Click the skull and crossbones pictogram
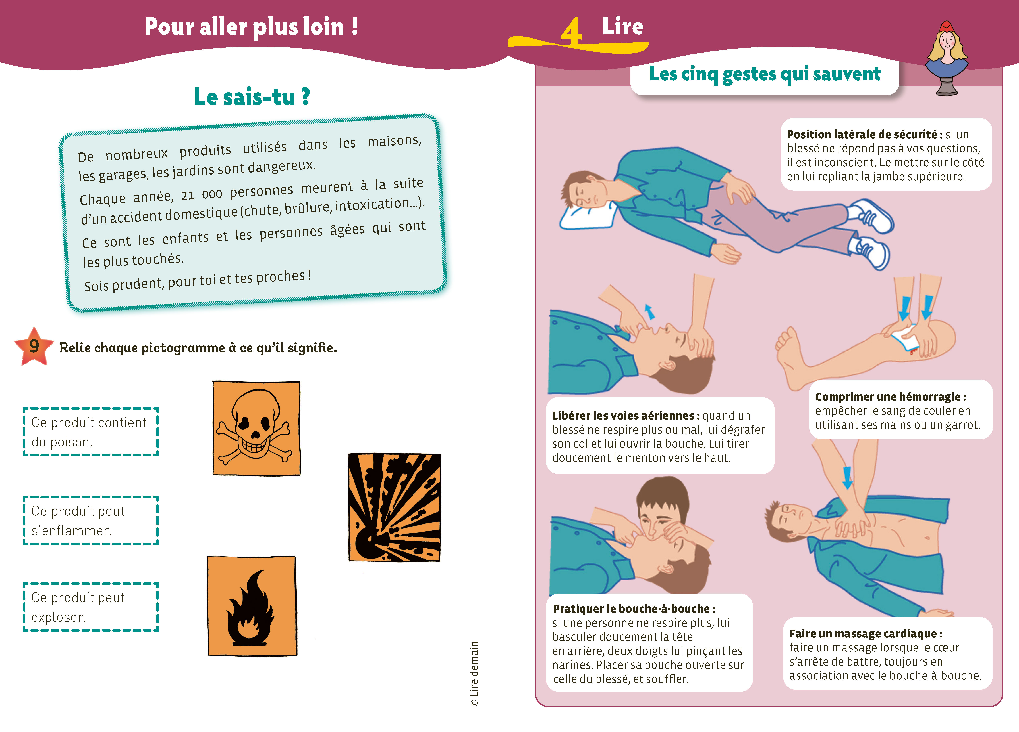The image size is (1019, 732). pos(256,428)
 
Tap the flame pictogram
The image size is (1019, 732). pos(252,606)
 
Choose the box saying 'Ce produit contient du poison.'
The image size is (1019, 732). pos(91,432)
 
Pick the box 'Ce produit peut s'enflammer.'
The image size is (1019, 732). pos(91,521)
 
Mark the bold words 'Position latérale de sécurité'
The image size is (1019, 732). pos(862,134)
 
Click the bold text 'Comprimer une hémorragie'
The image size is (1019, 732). pos(888,397)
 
